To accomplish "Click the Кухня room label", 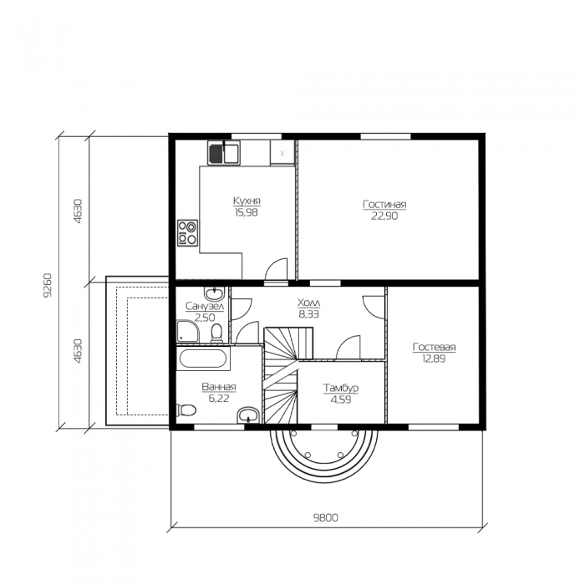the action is tap(247, 201).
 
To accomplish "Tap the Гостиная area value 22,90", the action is tap(384, 216).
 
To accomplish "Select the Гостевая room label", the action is tap(434, 347).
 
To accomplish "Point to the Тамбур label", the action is tap(341, 388).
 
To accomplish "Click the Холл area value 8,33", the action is tap(309, 314).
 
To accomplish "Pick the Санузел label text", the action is tap(205, 307).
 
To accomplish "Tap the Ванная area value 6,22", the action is tap(219, 399).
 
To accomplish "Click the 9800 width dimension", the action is tap(325, 517).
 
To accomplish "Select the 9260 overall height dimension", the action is tap(48, 286).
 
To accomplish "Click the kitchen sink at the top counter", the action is tap(224, 153).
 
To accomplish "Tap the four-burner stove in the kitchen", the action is tap(187, 233).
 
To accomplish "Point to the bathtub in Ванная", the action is tap(203, 359).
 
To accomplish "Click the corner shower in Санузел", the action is tap(187, 331).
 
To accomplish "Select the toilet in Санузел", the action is tap(216, 333).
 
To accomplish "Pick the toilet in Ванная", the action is tap(186, 410).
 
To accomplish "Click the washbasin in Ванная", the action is tap(248, 415).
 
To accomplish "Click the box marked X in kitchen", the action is tap(282, 153).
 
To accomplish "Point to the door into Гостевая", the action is tap(374, 308).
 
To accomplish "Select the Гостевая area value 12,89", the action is tap(434, 359).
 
